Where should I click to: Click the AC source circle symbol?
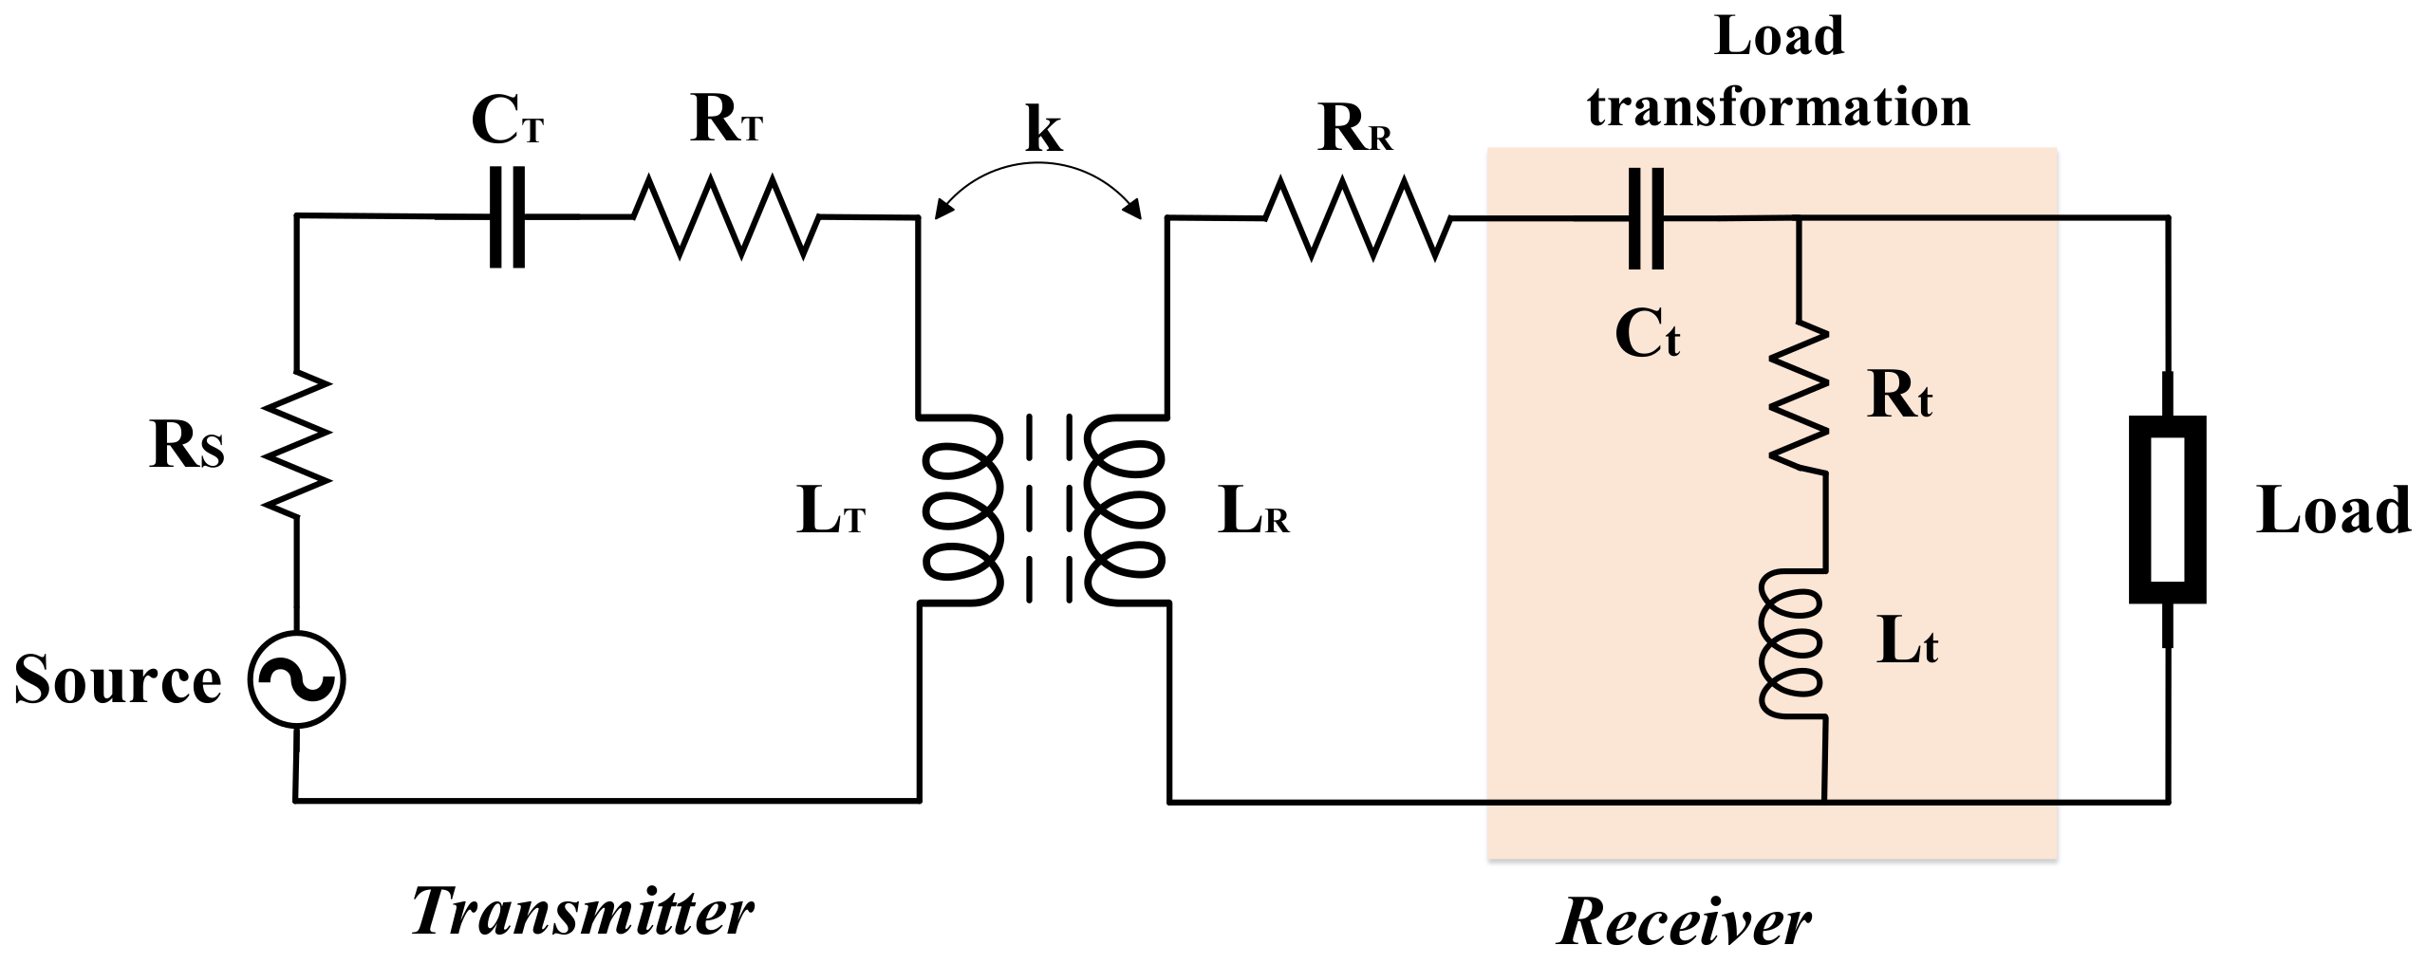[x=296, y=680]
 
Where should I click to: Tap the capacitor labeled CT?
[x=507, y=217]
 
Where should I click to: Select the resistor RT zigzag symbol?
[x=725, y=217]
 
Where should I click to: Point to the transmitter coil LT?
[x=961, y=510]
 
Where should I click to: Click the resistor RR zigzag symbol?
[x=1357, y=219]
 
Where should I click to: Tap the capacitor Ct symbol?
[x=1645, y=219]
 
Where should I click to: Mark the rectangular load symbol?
[x=2167, y=510]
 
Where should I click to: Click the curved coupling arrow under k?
[x=1037, y=174]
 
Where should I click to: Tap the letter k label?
[x=1042, y=130]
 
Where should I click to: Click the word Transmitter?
[x=582, y=913]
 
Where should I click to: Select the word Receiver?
[x=1685, y=922]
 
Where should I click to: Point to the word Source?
[x=117, y=680]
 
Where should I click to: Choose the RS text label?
[x=187, y=447]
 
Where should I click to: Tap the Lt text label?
[x=1907, y=644]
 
